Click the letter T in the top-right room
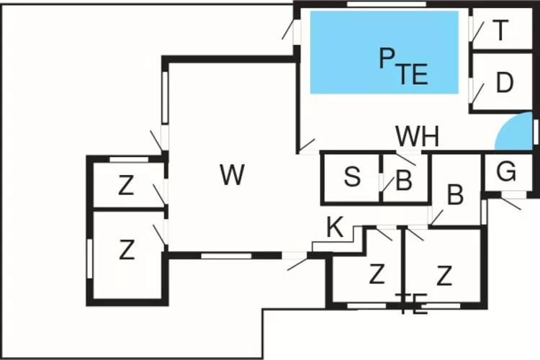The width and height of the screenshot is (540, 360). coord(501,30)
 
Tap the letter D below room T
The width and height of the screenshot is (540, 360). coord(505,84)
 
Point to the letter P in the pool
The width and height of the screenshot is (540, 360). coord(387,59)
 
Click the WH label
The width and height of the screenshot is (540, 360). coord(418,136)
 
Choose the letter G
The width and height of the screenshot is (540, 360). coord(507,173)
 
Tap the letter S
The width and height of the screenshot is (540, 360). coord(352,177)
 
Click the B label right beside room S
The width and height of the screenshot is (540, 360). coord(404,181)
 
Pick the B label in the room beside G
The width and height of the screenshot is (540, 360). coord(455,194)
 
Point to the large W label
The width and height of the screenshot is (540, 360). coord(232,174)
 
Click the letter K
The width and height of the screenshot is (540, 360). coord(335,228)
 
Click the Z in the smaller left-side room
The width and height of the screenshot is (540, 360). coord(127,186)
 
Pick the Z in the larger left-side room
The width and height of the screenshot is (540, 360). coord(127,251)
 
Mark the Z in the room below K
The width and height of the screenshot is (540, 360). coord(375,274)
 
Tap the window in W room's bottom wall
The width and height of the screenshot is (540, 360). coord(226,255)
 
